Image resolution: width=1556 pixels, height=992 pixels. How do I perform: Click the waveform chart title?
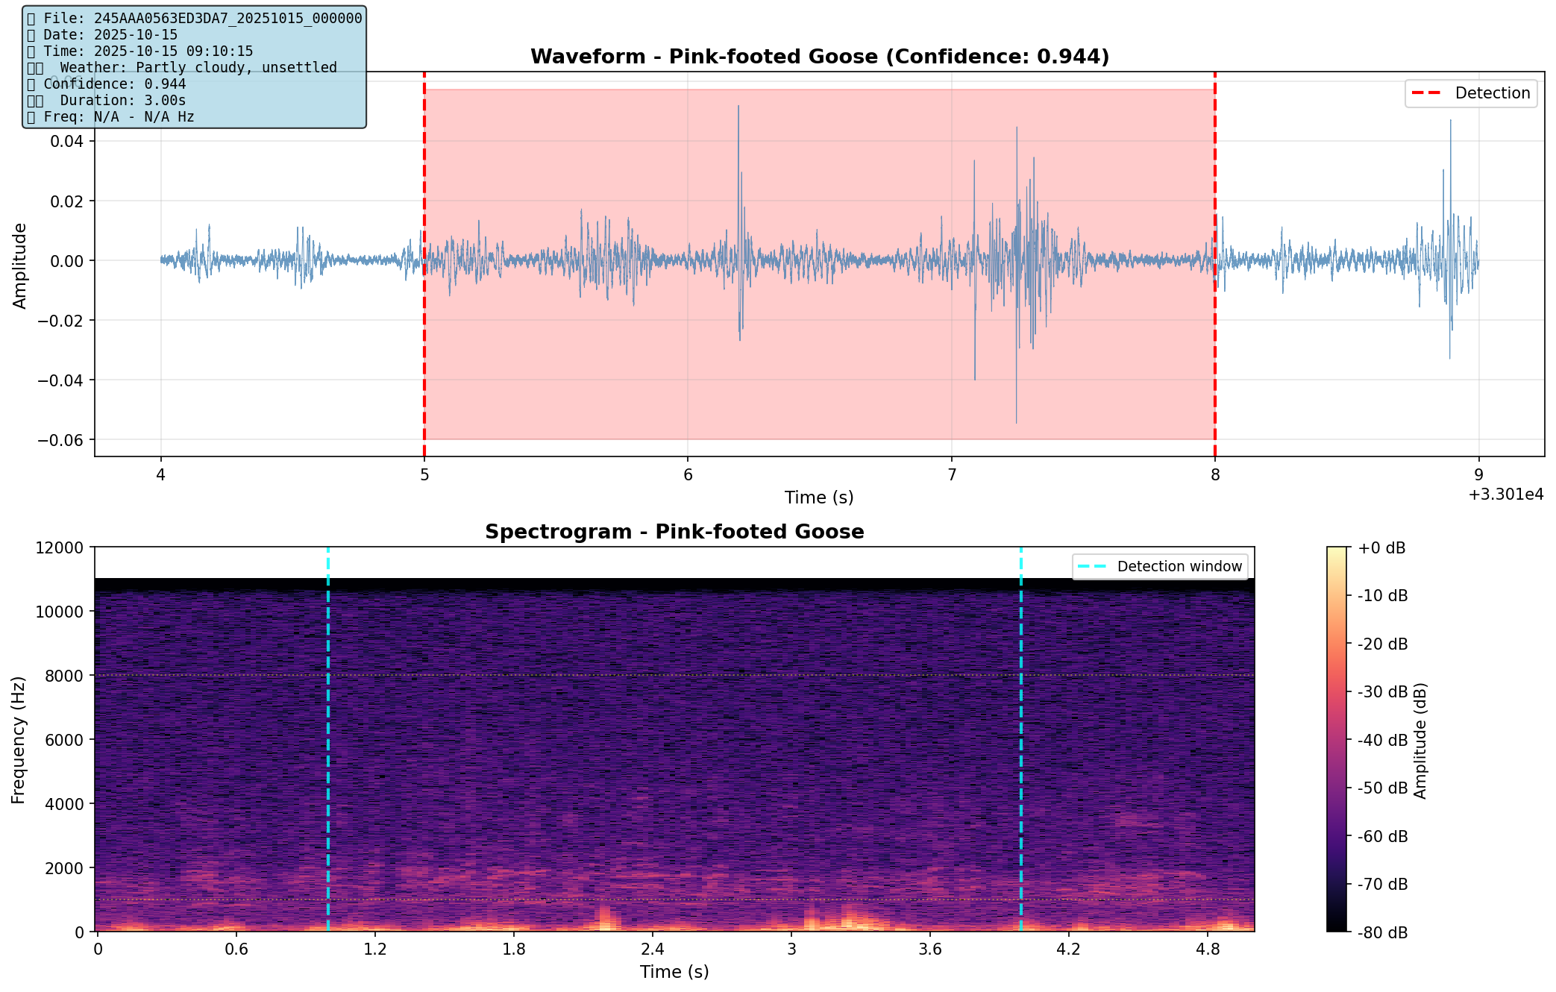pyautogui.click(x=819, y=57)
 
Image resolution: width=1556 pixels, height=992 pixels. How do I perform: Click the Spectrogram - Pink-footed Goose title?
pyautogui.click(x=674, y=532)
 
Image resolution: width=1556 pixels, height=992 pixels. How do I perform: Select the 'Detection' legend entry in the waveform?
pyautogui.click(x=1470, y=93)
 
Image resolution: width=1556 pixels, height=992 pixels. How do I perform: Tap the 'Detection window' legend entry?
pyautogui.click(x=1160, y=567)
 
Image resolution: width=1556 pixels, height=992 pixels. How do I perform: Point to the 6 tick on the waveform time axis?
pyautogui.click(x=688, y=474)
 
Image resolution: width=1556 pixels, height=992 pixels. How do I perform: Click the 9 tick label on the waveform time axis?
pyautogui.click(x=1478, y=474)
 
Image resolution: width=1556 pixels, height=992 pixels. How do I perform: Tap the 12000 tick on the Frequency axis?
pyautogui.click(x=59, y=548)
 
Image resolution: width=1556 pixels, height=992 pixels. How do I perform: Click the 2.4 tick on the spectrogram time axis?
pyautogui.click(x=653, y=949)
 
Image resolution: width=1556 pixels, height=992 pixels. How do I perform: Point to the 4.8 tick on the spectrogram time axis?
pyautogui.click(x=1208, y=949)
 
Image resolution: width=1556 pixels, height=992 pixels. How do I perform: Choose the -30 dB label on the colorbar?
pyautogui.click(x=1382, y=692)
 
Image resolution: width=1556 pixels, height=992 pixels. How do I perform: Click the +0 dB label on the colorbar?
pyautogui.click(x=1381, y=548)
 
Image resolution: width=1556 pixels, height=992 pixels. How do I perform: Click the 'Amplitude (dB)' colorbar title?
pyautogui.click(x=1419, y=740)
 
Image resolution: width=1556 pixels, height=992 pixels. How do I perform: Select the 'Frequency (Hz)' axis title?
pyautogui.click(x=19, y=739)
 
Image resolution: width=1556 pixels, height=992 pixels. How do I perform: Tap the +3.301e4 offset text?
pyautogui.click(x=1505, y=495)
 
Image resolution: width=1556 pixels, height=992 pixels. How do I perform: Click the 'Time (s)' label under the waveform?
pyautogui.click(x=818, y=497)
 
